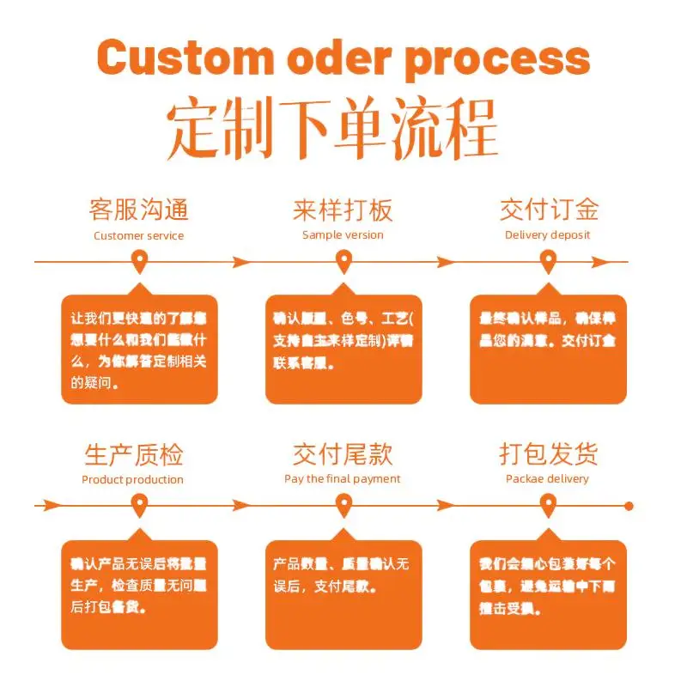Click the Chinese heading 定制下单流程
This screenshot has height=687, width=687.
pos(333,128)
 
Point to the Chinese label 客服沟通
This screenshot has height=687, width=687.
pos(138,210)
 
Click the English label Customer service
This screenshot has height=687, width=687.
pos(138,235)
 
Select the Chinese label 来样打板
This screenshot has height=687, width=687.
pos(343,210)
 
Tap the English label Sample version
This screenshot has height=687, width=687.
pos(343,235)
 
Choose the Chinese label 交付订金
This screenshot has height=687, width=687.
pos(549,210)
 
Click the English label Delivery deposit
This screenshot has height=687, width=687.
pos(548,235)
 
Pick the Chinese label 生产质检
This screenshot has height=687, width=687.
pos(133,454)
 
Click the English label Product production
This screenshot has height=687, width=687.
pos(132,479)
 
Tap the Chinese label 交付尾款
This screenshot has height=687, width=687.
pos(343,454)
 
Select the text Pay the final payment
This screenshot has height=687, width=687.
pos(343,479)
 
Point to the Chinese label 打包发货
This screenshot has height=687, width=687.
pos(549,454)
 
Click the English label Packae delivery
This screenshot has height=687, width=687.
pos(547,479)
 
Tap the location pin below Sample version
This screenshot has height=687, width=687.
pos(343,260)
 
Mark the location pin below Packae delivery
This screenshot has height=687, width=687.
pos(549,505)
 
